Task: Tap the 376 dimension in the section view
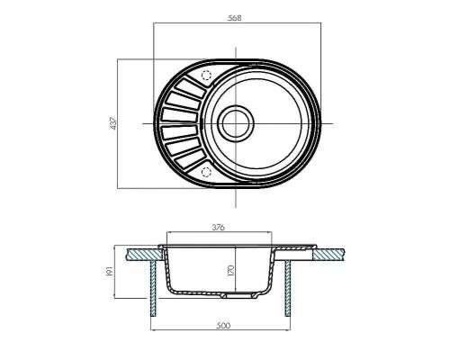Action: click(219, 229)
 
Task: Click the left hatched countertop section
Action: click(141, 254)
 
